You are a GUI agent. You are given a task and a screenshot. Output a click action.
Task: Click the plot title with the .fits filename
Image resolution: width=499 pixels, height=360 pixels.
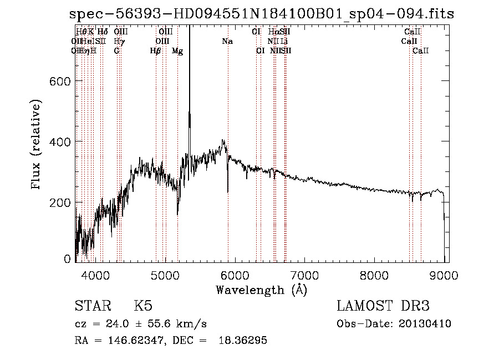pos(261,14)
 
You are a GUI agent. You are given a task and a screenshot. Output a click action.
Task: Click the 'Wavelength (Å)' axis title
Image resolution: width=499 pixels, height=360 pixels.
pos(261,290)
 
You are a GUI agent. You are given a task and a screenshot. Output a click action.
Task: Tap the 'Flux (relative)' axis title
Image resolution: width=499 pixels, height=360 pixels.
pos(37,145)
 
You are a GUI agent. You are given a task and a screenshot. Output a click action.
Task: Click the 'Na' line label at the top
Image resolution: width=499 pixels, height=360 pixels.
pos(227,41)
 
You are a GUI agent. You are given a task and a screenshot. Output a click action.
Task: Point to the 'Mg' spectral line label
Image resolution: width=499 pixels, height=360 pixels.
pos(177,51)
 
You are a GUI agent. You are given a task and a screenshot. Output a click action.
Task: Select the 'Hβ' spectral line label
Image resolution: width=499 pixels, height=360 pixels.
pos(156,51)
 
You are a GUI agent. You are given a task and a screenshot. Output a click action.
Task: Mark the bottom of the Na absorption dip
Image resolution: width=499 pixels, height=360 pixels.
pos(228,192)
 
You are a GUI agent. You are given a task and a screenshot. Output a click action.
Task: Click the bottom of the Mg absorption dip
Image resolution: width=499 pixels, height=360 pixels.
pos(177,214)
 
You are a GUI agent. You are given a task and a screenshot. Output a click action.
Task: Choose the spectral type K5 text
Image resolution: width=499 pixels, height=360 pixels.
pos(144,306)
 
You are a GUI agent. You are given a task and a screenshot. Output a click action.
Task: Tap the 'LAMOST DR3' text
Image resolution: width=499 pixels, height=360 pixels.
pos(383,306)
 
